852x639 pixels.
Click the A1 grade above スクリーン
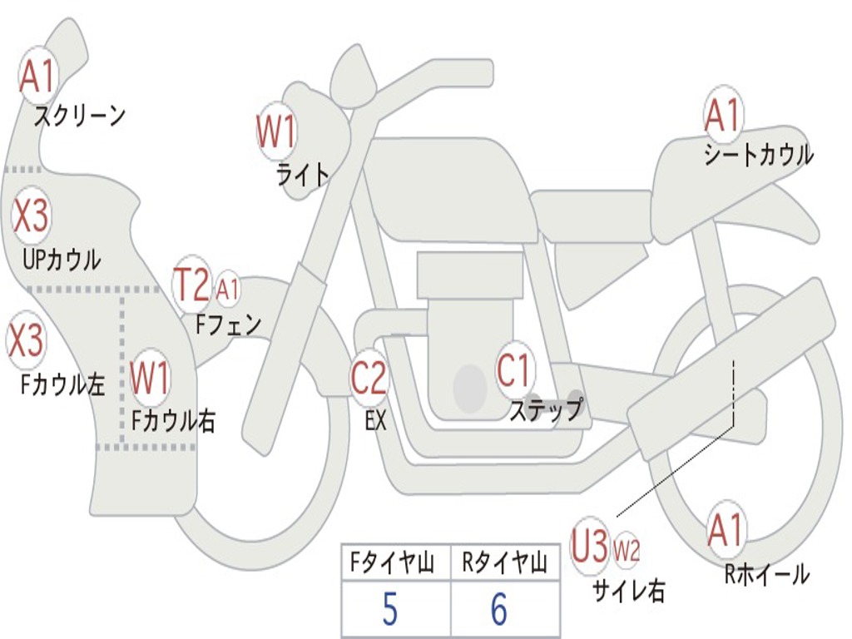(37, 77)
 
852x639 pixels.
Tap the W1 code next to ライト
(276, 132)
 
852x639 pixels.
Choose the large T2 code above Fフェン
(191, 285)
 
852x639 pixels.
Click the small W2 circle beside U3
(627, 551)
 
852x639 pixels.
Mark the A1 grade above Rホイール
(726, 530)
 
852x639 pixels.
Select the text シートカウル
(758, 156)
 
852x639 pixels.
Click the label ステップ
(546, 410)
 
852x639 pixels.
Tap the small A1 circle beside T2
(227, 290)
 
